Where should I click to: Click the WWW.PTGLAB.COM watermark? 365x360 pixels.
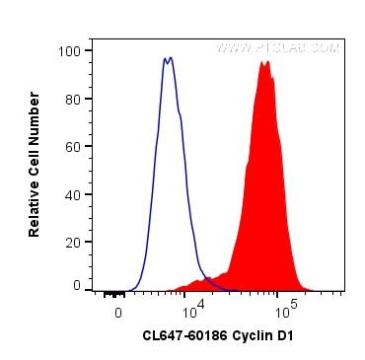tap(277, 47)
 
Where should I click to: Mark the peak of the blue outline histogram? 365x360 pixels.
tap(169, 58)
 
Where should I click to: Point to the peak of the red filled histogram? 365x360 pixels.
tap(264, 63)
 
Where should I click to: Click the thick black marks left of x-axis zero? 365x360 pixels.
tap(113, 293)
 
